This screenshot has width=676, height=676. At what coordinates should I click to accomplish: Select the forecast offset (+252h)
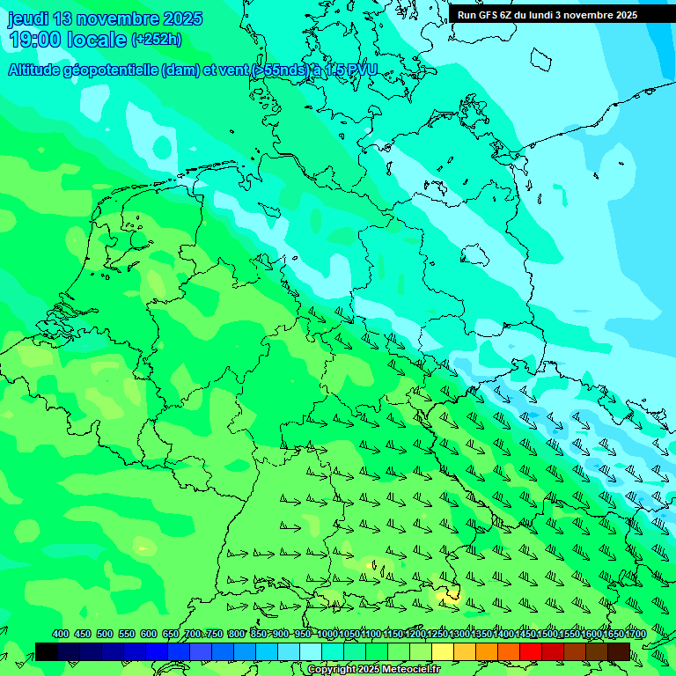click(157, 40)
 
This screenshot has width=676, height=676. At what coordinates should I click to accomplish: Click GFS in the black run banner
click(491, 15)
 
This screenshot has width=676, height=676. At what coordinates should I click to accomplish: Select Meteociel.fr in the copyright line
click(408, 670)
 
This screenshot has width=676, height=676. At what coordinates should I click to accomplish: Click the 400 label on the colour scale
click(61, 635)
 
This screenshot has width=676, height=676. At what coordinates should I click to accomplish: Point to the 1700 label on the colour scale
click(636, 635)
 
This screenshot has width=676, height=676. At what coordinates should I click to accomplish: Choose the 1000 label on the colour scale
click(327, 635)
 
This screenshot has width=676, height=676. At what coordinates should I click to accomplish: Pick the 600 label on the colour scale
click(149, 635)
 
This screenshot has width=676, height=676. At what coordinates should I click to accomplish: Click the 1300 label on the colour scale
click(459, 635)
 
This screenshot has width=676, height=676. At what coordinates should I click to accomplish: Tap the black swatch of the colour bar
click(47, 651)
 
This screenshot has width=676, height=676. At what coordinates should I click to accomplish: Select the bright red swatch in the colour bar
click(531, 651)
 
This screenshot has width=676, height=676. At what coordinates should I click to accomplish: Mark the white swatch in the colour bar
click(311, 651)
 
